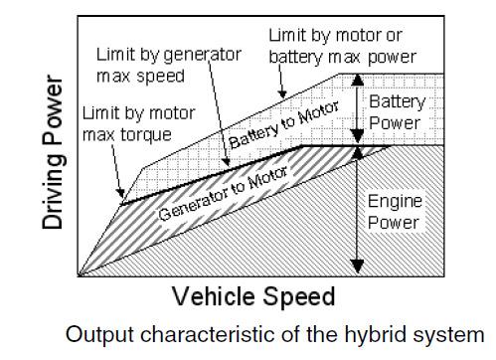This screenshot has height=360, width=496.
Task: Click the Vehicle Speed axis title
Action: coord(253,296)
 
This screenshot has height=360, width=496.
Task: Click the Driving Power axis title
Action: coord(53,152)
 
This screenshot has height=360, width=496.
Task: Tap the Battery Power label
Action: coord(397,112)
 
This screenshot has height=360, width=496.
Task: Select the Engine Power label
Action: coord(395,212)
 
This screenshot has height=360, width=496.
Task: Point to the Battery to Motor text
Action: coord(283,124)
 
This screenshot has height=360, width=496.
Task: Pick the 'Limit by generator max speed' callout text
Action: coord(168,65)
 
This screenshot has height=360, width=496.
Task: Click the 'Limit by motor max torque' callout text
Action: coord(138,123)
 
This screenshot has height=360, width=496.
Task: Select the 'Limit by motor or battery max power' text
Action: coord(342,46)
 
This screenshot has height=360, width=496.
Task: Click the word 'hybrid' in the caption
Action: coord(375,334)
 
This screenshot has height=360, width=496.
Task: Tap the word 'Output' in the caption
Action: coord(100,334)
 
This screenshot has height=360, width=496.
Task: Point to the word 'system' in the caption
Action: coord(447,335)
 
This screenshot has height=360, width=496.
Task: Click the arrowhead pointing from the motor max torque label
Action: coord(121,194)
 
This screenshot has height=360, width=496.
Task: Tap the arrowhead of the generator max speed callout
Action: coord(227,161)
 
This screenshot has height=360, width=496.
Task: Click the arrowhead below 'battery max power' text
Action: coord(282,93)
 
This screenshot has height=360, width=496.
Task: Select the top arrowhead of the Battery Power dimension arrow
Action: coord(357,80)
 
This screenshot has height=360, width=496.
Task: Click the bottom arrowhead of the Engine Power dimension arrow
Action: coord(357,267)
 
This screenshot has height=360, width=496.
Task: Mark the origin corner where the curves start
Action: coord(79,275)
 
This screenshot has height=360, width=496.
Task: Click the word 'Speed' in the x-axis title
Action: coord(299,296)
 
